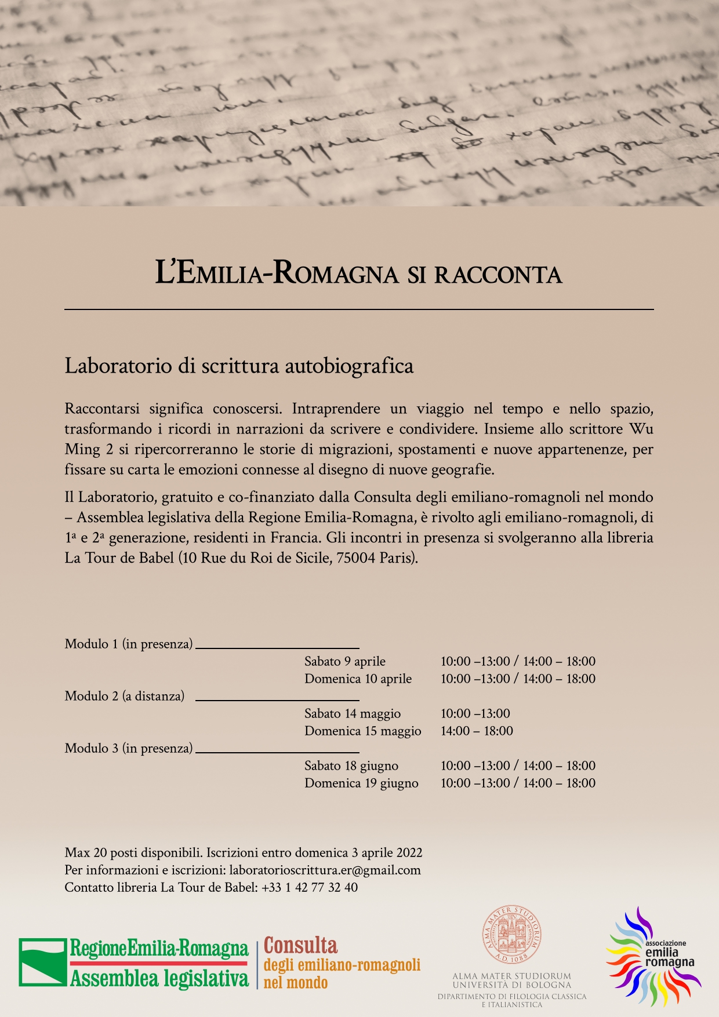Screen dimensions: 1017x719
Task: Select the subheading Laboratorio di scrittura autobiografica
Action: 239,366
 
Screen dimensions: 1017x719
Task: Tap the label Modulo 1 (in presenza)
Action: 128,644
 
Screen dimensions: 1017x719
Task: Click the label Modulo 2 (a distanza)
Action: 124,696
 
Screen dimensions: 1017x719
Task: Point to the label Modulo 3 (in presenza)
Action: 128,748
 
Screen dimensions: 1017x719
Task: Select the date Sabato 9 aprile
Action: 344,661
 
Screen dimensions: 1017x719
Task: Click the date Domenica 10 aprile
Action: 358,679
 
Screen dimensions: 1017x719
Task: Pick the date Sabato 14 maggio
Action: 352,713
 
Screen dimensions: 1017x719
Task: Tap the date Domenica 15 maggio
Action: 362,731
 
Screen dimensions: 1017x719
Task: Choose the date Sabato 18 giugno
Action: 351,766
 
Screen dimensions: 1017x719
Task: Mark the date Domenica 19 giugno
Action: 361,783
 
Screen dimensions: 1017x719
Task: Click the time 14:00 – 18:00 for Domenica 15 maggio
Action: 477,731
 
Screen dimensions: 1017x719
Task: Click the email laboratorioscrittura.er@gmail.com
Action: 325,870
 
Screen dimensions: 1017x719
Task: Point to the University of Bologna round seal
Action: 512,934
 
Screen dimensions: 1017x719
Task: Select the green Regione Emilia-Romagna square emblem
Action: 43,962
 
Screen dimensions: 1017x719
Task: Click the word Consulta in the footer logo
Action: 300,946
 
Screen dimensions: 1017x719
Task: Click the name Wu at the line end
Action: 641,429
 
